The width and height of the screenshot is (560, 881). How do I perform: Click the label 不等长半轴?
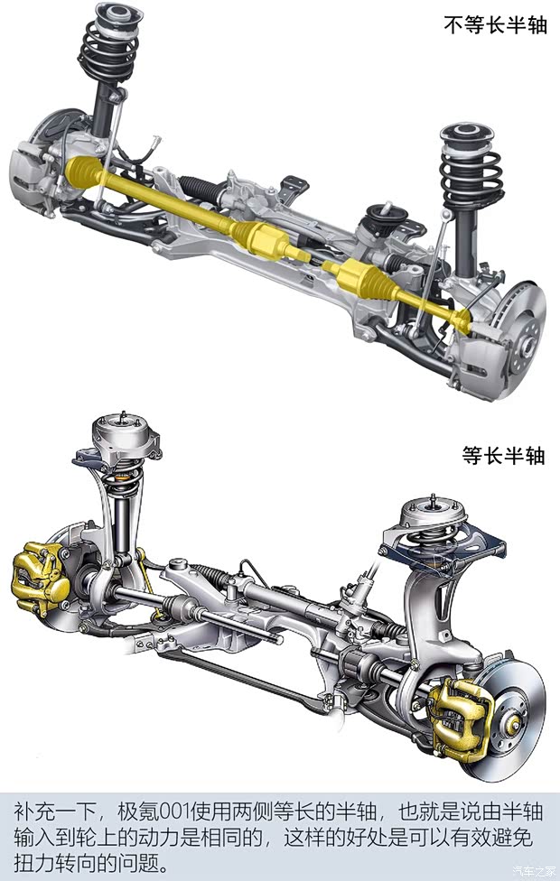(495, 25)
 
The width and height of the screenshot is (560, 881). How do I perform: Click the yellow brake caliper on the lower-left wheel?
(39, 574)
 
